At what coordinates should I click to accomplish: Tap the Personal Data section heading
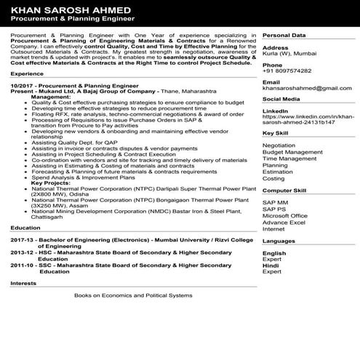(x=284, y=35)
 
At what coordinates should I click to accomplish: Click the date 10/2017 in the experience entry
(x=24, y=86)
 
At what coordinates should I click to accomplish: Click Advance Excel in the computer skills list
(x=284, y=222)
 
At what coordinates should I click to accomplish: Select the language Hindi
(x=270, y=265)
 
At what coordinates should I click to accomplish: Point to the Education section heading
(x=26, y=228)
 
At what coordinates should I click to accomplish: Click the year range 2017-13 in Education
(x=23, y=240)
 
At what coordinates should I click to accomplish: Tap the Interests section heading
(x=25, y=283)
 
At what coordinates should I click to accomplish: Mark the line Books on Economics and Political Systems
(x=133, y=296)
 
